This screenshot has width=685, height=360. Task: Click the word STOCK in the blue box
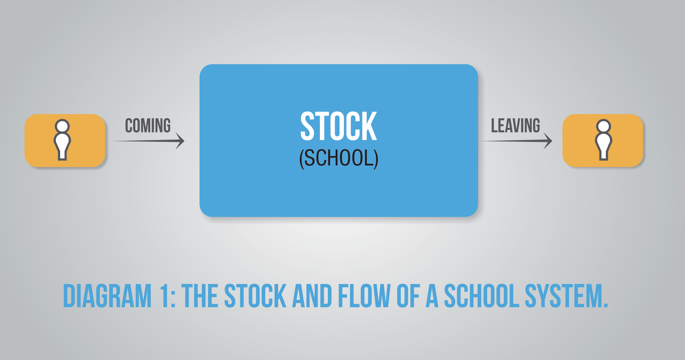(339, 126)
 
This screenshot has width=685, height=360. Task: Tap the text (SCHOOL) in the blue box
(339, 159)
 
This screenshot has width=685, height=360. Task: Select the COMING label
(148, 126)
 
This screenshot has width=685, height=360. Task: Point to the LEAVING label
(515, 126)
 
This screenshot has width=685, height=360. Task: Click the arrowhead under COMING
(180, 141)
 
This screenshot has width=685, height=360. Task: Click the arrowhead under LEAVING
(548, 141)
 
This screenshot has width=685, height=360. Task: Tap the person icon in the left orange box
(62, 140)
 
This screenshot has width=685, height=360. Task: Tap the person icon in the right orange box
(603, 140)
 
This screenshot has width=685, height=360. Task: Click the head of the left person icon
(62, 126)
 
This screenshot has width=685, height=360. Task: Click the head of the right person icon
(603, 126)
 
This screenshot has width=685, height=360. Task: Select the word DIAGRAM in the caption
(107, 296)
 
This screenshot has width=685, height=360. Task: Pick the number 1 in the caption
(165, 296)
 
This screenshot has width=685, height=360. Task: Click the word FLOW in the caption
(364, 296)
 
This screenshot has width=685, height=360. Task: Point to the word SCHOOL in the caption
(482, 296)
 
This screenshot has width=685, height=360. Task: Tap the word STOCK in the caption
(255, 296)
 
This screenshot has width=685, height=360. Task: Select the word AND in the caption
(312, 296)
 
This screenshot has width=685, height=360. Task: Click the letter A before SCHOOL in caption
(432, 296)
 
